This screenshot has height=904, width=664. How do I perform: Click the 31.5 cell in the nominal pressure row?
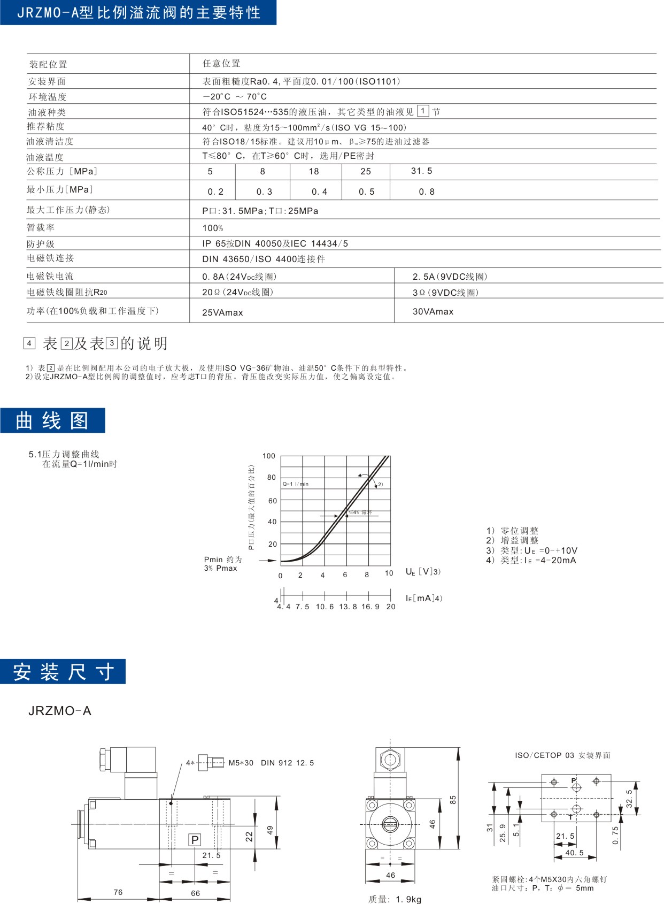421,171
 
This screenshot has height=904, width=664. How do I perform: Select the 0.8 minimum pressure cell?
427,191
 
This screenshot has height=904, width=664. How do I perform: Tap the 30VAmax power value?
433,311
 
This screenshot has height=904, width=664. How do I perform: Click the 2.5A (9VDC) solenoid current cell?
450,277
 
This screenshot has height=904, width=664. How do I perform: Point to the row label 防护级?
41,243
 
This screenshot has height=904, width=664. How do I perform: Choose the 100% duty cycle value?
213,228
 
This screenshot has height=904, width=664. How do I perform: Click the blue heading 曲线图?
52,420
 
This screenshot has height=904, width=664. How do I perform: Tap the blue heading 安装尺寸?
63,671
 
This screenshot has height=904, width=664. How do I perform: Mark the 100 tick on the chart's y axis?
268,456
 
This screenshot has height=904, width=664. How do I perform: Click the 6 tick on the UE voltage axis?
345,575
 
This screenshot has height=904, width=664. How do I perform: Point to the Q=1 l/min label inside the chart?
296,484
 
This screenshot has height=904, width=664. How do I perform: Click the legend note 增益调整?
512,541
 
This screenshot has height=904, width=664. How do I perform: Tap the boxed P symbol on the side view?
195,840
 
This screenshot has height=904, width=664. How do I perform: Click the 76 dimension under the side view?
118,892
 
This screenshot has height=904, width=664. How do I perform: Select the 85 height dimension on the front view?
453,800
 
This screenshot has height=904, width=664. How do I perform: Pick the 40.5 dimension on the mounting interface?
575,853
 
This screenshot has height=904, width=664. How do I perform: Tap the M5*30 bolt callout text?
241,763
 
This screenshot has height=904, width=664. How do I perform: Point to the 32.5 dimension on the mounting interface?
629,799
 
